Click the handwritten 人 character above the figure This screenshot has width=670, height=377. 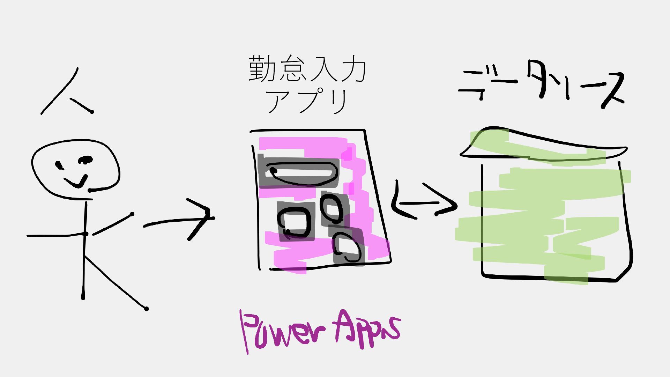pyautogui.click(x=66, y=93)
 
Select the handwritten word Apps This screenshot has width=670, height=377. pyautogui.click(x=366, y=328)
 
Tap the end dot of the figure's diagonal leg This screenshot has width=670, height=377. pyautogui.click(x=146, y=309)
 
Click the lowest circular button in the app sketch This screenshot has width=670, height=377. pyautogui.click(x=347, y=248)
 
